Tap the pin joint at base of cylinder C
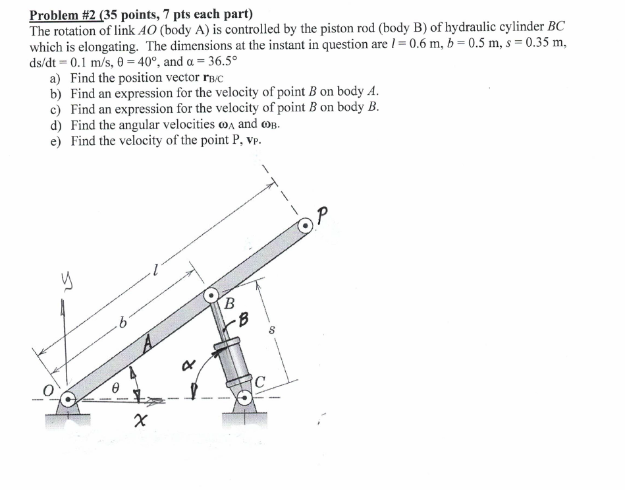(x=244, y=398)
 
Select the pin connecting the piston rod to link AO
(x=211, y=296)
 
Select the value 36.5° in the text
(x=214, y=62)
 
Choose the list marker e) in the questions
(x=57, y=140)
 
